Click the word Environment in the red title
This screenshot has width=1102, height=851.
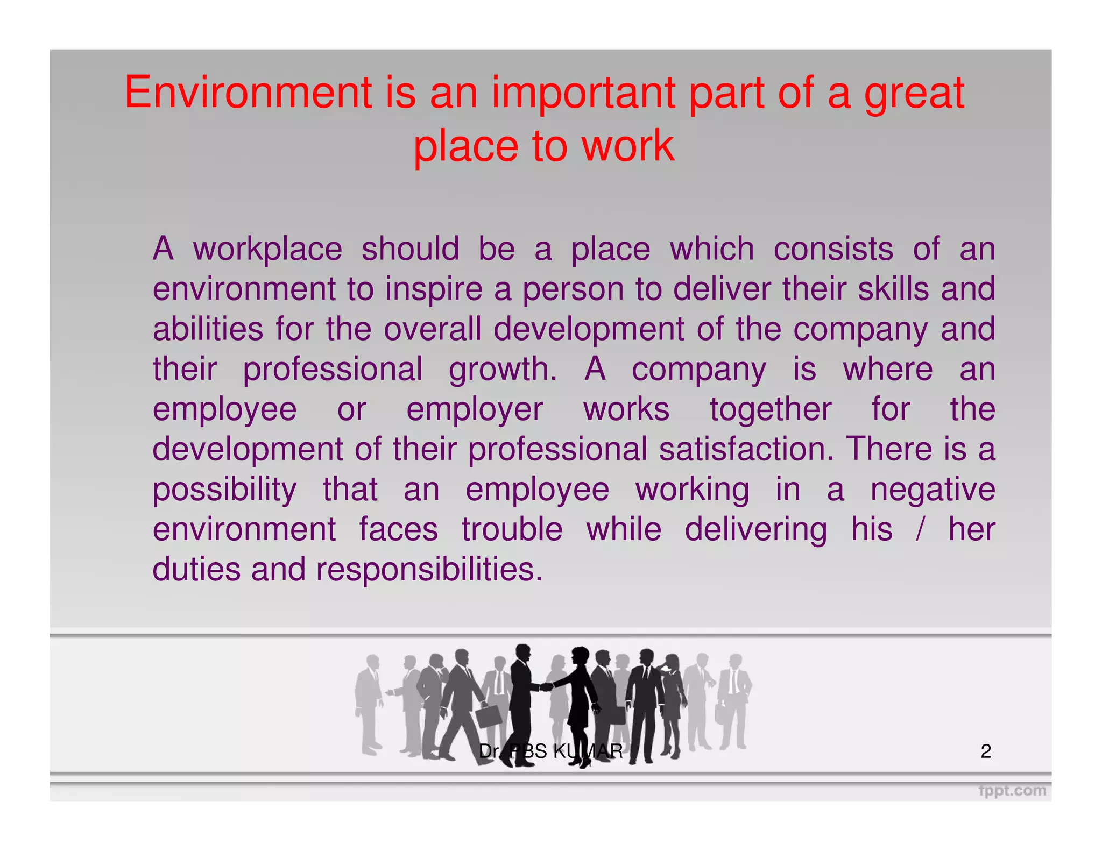pyautogui.click(x=249, y=93)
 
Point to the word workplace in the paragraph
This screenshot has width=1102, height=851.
pyautogui.click(x=267, y=250)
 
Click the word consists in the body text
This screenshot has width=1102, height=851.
pyautogui.click(x=833, y=249)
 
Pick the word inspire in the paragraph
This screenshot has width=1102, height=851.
pyautogui.click(x=434, y=290)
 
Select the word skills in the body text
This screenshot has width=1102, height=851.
pyautogui.click(x=893, y=289)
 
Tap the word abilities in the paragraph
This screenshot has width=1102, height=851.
pyautogui.click(x=208, y=329)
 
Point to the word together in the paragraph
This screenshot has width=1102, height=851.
pyautogui.click(x=771, y=410)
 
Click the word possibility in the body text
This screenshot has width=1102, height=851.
pyautogui.click(x=224, y=490)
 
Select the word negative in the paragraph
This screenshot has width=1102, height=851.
pyautogui.click(x=933, y=490)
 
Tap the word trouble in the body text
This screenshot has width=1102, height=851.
pyautogui.click(x=512, y=529)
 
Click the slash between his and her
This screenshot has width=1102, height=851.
pyautogui.click(x=920, y=529)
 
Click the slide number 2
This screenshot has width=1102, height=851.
pyautogui.click(x=986, y=751)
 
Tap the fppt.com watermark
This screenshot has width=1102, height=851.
pyautogui.click(x=1012, y=791)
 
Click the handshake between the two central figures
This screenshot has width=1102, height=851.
pyautogui.click(x=546, y=686)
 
